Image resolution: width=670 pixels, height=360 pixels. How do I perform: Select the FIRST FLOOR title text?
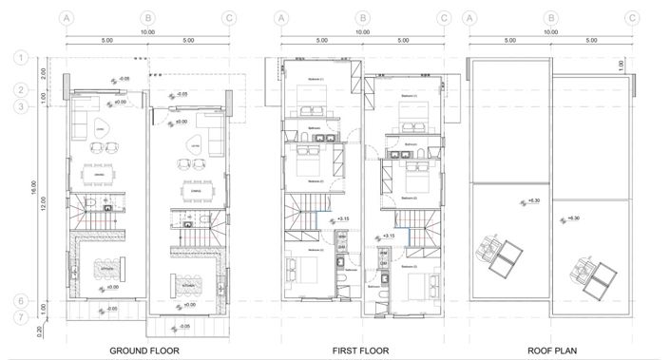point(360,351)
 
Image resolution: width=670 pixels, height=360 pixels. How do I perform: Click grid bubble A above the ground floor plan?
point(66,18)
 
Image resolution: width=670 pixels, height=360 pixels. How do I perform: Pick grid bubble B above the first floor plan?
point(362,18)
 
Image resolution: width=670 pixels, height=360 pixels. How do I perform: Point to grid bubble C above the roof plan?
point(633,18)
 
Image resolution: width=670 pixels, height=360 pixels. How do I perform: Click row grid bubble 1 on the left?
point(19,59)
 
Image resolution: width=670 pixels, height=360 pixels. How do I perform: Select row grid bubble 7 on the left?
point(19,319)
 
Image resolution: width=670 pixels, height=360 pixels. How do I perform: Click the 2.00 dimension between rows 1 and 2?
point(44,74)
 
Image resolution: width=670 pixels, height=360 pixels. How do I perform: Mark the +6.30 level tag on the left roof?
point(532,201)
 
